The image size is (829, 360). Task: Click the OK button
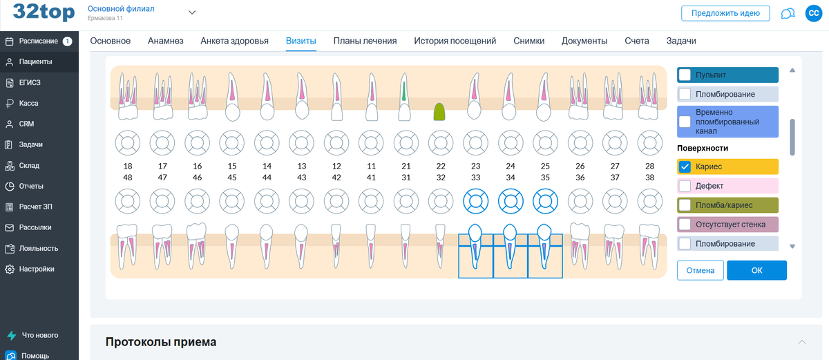point(756,270)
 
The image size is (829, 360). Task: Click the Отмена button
point(701,270)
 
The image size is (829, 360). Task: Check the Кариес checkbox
point(685,167)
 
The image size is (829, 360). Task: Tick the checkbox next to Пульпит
point(685,75)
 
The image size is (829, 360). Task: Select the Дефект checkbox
point(685,186)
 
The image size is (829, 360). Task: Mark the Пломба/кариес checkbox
point(685,205)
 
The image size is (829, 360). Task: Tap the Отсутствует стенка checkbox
point(685,225)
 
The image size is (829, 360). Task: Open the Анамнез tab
point(166,41)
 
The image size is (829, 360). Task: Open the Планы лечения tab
point(365,41)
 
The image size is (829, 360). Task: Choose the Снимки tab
point(528,41)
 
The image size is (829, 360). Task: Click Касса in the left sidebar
point(29,103)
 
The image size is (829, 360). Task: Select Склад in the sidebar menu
point(29,165)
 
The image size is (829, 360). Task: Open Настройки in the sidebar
point(37,269)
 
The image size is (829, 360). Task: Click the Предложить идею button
point(725,13)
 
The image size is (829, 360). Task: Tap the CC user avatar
point(813,13)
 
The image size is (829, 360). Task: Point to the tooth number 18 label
point(128,166)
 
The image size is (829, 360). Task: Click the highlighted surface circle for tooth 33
point(475,201)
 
